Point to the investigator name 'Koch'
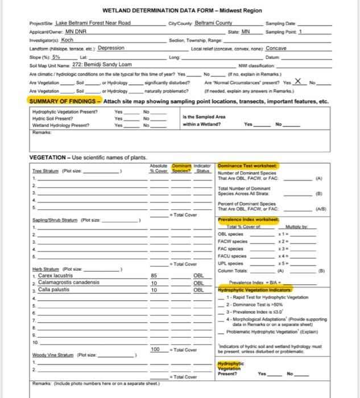[x=67, y=40]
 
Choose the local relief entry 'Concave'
[x=276, y=48]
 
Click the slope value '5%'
[x=56, y=57]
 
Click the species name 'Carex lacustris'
[x=55, y=275]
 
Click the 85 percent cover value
[x=154, y=275]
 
